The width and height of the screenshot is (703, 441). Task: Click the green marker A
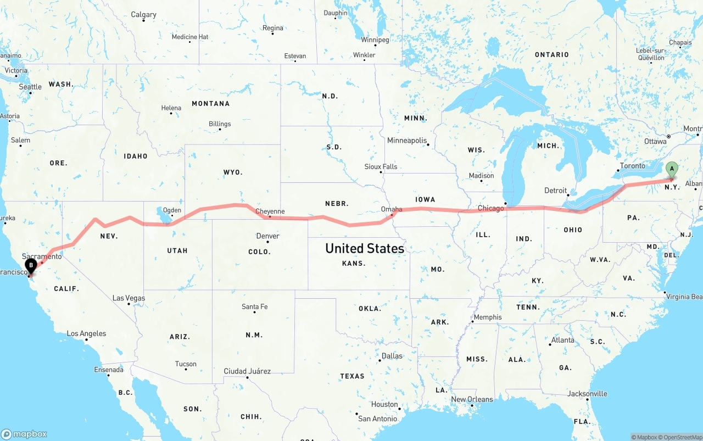click(671, 170)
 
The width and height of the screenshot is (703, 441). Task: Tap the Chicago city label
click(490, 208)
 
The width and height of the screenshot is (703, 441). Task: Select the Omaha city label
click(392, 209)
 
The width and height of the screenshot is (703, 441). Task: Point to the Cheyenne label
click(270, 211)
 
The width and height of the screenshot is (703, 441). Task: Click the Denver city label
click(268, 236)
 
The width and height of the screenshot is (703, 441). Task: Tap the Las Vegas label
click(129, 298)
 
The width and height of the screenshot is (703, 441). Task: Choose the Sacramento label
click(42, 256)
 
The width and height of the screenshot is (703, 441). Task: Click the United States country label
click(365, 248)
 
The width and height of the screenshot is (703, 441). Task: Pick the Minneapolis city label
click(407, 141)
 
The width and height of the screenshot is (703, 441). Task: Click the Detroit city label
click(555, 191)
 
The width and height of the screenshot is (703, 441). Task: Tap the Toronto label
click(632, 166)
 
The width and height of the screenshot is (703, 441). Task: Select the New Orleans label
click(472, 399)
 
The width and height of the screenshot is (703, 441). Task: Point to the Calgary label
click(143, 15)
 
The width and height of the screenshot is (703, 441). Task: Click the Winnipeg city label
click(375, 40)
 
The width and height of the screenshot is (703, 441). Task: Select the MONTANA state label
click(210, 104)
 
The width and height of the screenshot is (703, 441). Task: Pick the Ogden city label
click(172, 210)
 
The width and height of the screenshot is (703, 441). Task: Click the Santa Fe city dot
click(255, 312)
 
